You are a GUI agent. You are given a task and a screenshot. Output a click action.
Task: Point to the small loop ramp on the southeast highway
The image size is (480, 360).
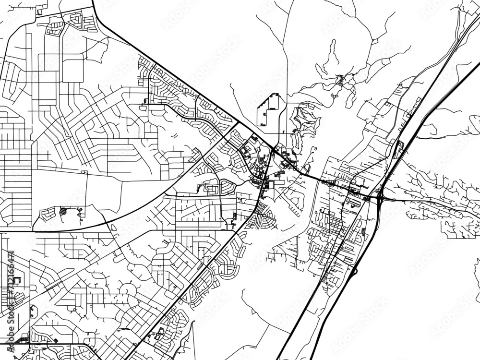355,272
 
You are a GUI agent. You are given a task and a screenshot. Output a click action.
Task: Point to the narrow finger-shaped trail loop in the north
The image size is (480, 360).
331,53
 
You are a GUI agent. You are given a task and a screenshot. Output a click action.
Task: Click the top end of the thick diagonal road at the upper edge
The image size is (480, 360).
92,2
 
